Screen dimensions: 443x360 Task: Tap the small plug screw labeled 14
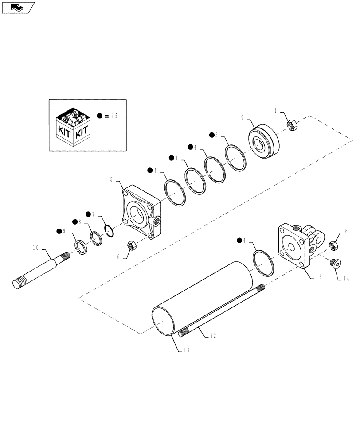tap(336, 264)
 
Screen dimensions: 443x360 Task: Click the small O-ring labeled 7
tap(110, 229)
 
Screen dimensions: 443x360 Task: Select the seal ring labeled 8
tap(96, 237)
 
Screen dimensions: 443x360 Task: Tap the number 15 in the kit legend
tap(114, 116)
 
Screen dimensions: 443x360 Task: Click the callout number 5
tap(112, 179)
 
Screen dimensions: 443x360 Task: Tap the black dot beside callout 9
tap(59, 231)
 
